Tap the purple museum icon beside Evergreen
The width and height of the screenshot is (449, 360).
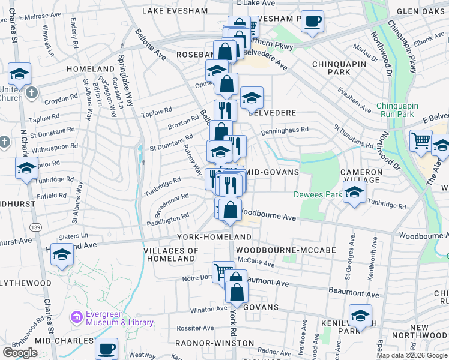(76, 316)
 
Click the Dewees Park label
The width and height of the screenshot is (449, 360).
(316, 194)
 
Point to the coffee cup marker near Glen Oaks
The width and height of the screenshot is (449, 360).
(312, 22)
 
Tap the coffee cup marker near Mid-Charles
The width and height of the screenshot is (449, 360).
(107, 348)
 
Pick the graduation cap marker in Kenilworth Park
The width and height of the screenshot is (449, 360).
(360, 315)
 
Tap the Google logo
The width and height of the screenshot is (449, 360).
(20, 353)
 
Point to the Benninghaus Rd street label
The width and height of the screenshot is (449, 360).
(285, 129)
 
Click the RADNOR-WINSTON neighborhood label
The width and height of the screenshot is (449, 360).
(214, 343)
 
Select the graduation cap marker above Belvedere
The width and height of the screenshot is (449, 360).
(252, 97)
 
